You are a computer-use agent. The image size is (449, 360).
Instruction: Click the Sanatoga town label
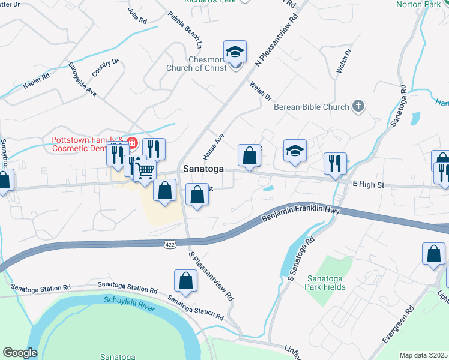click(203, 169)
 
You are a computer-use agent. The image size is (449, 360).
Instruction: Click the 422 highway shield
click(169, 244)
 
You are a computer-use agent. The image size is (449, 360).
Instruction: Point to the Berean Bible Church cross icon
click(358, 107)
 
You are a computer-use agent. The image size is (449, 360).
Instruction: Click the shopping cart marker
click(145, 171)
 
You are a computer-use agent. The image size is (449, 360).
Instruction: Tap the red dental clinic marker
click(131, 143)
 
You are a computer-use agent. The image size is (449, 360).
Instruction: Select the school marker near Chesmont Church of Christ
click(235, 52)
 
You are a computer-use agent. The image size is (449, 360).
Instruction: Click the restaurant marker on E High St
click(335, 163)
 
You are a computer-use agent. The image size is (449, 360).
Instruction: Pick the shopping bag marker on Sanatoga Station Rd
click(186, 280)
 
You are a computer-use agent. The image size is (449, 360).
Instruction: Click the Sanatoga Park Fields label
click(326, 283)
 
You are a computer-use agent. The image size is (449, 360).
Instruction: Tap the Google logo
click(20, 353)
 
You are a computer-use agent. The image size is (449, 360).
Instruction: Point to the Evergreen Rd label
click(398, 326)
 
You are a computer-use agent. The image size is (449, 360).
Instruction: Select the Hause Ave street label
click(213, 146)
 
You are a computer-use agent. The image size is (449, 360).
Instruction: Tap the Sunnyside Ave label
click(83, 79)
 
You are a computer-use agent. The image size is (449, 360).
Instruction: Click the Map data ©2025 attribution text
click(423, 355)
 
